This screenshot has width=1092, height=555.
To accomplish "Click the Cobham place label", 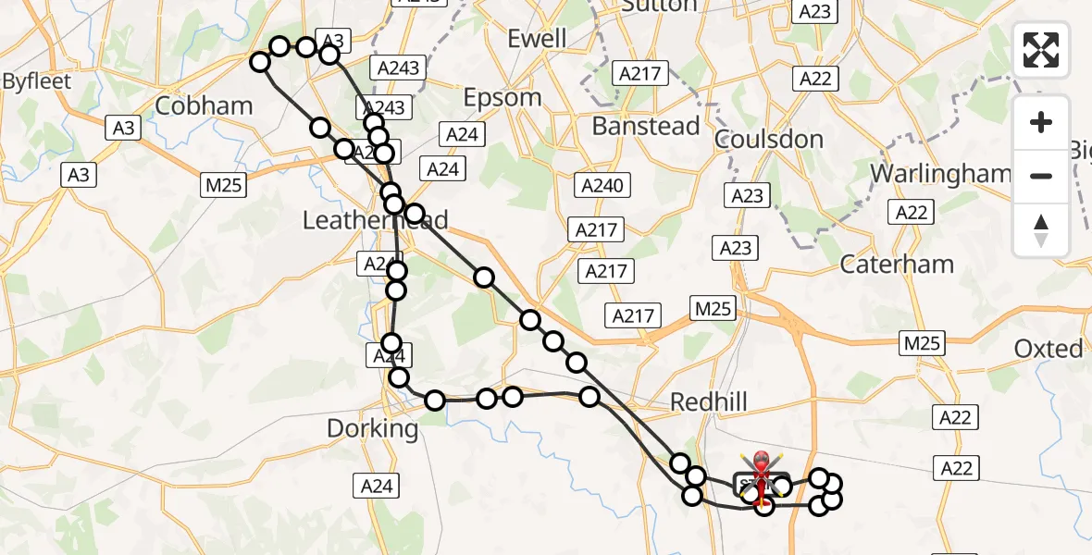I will point(204,105).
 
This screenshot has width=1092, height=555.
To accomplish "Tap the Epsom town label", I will point(502,97).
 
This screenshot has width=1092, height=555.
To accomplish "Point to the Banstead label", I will point(646,126).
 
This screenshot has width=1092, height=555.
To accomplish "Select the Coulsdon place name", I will point(769,140).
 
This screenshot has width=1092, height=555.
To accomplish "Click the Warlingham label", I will point(941,173).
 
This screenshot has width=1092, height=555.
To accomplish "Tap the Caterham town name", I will point(897,264).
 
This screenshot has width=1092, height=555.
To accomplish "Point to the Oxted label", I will point(1049,349).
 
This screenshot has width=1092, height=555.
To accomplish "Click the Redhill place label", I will point(708,401).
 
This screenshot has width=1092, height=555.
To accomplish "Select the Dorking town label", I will point(374,429).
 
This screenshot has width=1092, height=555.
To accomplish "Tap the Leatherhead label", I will point(376,220).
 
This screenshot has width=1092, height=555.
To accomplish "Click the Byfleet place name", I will point(36,81).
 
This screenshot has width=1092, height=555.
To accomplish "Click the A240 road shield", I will point(602,186).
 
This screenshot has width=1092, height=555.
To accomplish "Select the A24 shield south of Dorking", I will point(378,485).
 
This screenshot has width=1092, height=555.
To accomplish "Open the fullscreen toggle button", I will point(1041,50).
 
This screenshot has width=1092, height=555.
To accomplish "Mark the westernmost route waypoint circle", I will point(260,62).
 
